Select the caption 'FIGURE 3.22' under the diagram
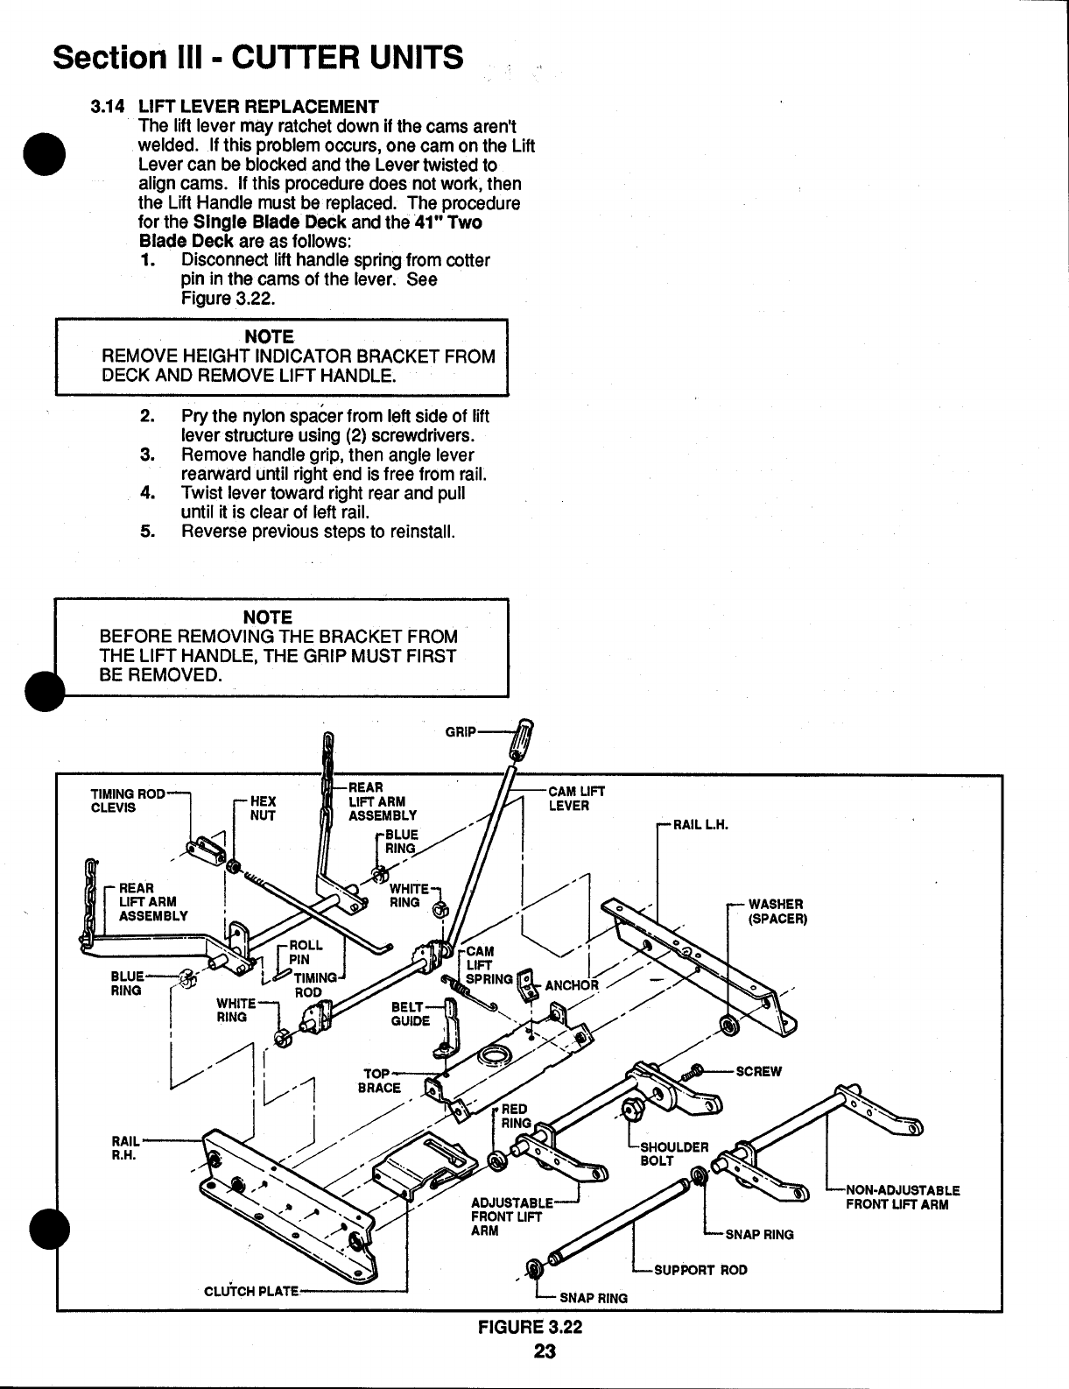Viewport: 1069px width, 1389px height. coord(529,1326)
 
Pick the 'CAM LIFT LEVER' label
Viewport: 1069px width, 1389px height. coord(575,798)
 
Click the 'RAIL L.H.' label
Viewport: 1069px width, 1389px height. coord(700,825)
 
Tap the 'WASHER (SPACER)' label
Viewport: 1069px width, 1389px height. coord(776,911)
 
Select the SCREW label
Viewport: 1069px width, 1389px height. coord(758,1071)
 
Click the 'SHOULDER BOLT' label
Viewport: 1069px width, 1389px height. coord(674,1153)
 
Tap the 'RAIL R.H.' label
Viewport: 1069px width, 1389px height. coord(123,1146)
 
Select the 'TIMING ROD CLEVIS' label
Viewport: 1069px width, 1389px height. coord(127,800)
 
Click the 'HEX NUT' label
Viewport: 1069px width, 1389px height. coord(263,807)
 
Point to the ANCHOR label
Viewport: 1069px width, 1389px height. coord(572,984)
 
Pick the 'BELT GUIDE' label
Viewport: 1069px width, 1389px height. coord(411,1013)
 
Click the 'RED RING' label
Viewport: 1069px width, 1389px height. coord(516,1116)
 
